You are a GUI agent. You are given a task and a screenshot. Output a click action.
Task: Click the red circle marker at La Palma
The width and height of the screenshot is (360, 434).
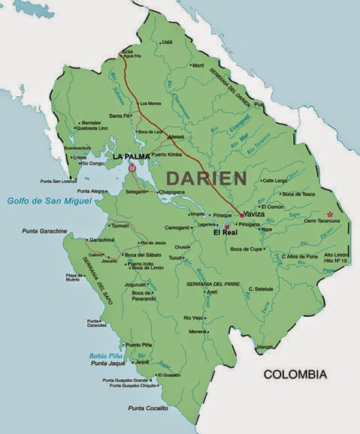[133, 169]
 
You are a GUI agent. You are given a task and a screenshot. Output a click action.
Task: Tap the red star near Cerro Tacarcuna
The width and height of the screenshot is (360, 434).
[329, 214]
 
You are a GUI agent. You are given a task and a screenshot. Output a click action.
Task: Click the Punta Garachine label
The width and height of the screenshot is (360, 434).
[44, 231]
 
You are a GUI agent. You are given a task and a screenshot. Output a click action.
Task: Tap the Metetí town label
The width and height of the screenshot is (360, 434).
[177, 137]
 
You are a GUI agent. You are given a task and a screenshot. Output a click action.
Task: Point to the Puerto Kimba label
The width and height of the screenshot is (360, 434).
[166, 155]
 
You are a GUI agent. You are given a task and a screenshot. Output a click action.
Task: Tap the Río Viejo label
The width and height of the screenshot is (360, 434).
[193, 318]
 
